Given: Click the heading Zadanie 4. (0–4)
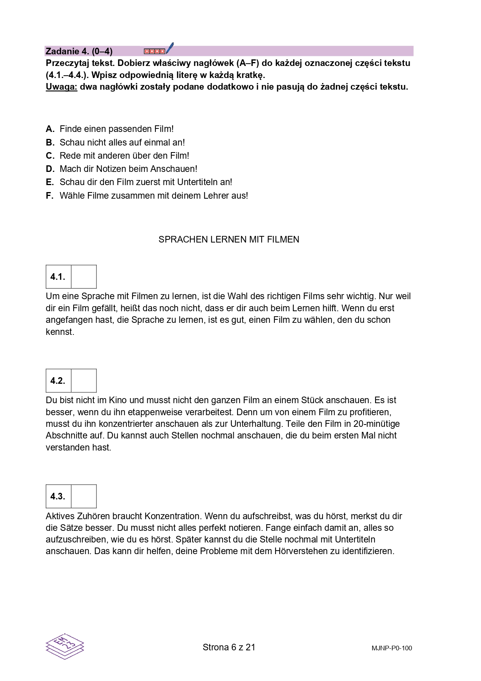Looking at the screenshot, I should click(x=79, y=51).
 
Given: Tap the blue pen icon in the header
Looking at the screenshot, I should click(x=169, y=49).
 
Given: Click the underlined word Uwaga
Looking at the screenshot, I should click(x=61, y=87).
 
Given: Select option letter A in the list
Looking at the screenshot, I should click(x=50, y=129).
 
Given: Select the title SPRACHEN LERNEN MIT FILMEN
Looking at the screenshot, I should click(x=229, y=239).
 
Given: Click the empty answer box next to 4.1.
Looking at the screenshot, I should click(x=84, y=277).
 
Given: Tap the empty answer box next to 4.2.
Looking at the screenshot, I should click(x=84, y=381).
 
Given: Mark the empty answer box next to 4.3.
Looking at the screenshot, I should click(x=84, y=496).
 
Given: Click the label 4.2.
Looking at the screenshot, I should click(x=58, y=381).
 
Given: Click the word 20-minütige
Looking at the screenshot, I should click(x=376, y=424).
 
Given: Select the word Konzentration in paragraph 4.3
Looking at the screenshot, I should click(x=172, y=516).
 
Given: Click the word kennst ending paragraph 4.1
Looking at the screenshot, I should click(x=60, y=332).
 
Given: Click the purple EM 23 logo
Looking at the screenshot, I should click(x=65, y=646).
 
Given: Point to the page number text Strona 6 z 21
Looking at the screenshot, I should click(x=229, y=647).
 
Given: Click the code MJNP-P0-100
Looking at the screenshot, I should click(x=391, y=648).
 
